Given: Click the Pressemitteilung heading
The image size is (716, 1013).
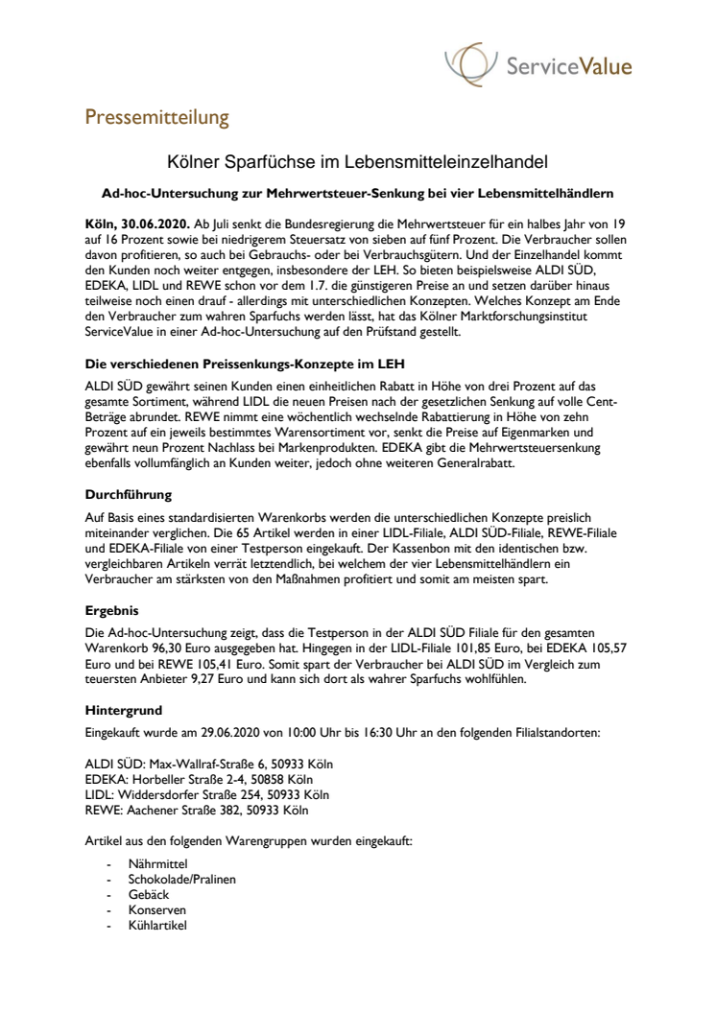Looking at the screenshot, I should click(x=157, y=118).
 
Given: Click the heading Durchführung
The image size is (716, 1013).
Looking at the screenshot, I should click(x=128, y=496).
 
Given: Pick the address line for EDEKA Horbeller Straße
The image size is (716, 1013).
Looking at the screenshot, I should click(x=204, y=779).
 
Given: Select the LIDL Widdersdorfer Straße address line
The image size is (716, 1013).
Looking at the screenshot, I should click(x=207, y=794).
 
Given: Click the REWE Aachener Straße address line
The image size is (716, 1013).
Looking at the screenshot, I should click(x=197, y=810).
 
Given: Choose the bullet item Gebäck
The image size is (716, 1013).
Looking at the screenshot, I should click(x=149, y=895).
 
